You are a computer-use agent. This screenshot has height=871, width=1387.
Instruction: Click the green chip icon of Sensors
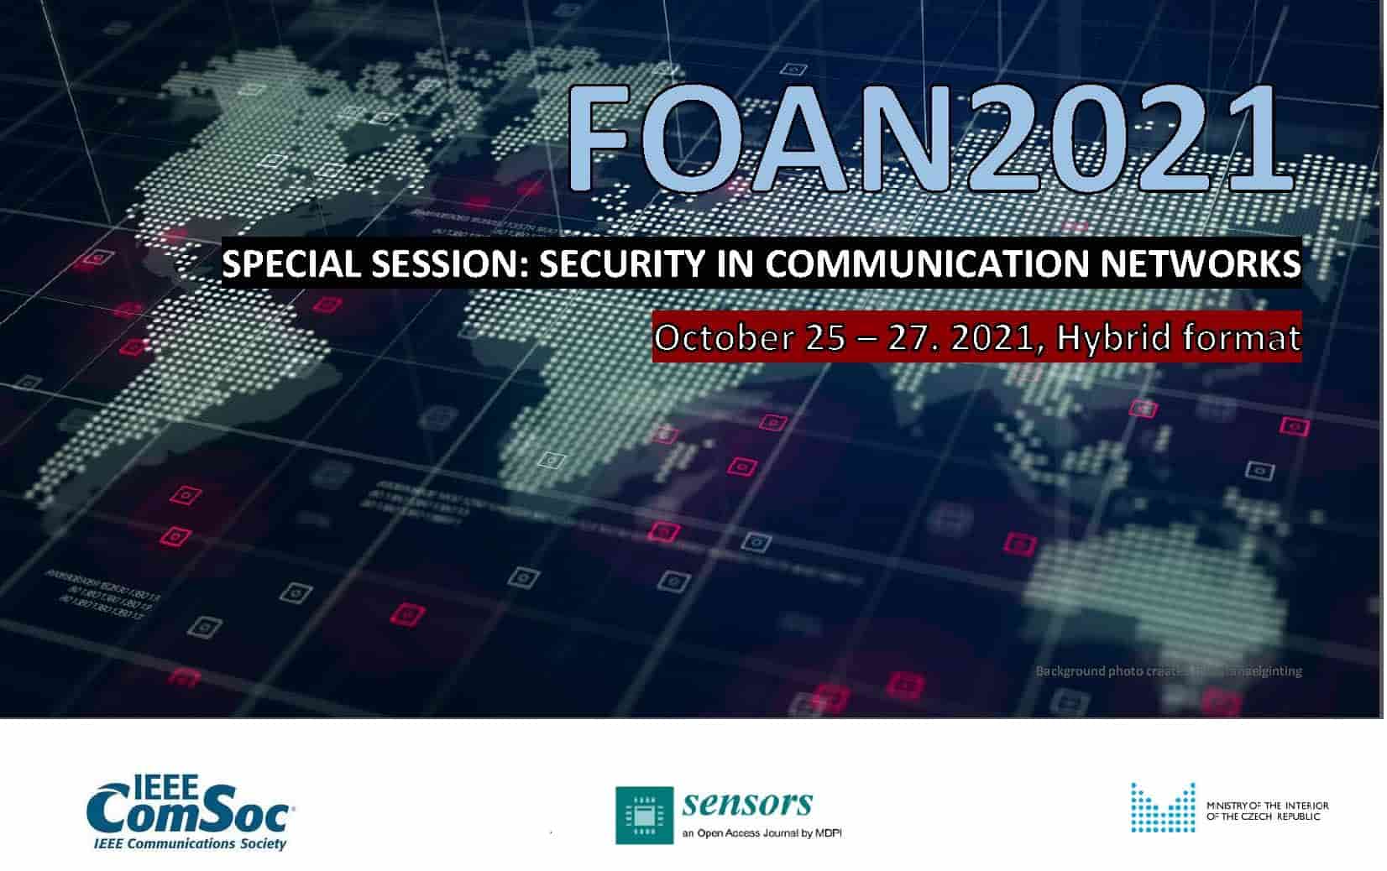click(644, 814)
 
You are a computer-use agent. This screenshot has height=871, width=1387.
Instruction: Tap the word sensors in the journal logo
click(747, 803)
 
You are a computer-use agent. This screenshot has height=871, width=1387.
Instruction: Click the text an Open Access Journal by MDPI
click(762, 833)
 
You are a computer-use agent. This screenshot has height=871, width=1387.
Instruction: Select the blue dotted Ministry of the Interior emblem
click(1162, 809)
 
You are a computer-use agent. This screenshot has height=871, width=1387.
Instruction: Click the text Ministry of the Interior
click(1267, 806)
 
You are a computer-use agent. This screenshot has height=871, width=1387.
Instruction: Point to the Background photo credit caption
click(1168, 670)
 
